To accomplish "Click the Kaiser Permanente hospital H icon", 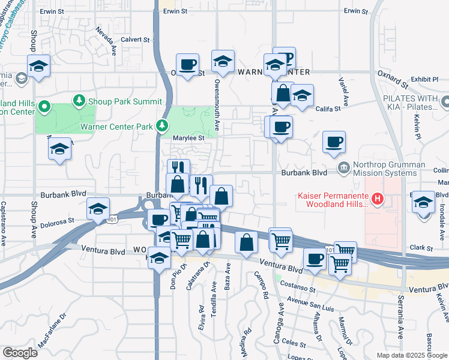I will click(378, 199).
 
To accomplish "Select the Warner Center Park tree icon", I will click(161, 125).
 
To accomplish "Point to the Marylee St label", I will click(189, 137).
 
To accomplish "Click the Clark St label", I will click(421, 248).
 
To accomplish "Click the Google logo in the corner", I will click(20, 353).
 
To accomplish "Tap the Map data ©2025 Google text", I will click(412, 355).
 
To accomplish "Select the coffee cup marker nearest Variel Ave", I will click(334, 143).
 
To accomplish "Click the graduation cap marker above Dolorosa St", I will click(97, 209).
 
